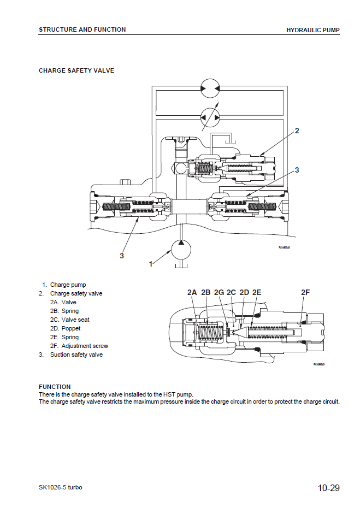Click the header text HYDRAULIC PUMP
pos(312,30)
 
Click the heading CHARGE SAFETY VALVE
pos(76,70)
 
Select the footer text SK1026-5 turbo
pos(61,487)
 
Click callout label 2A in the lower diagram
pos(192,293)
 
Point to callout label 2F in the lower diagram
pos(305,293)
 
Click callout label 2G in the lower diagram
pos(219,293)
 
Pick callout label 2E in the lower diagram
pos(256,293)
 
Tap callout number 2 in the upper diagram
pos(297,131)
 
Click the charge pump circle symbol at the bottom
pos(181,250)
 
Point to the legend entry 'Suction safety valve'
pos(76,355)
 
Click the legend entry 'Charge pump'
pos(68,285)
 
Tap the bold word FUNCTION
pos(55,387)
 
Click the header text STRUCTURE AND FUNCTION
pos(82,29)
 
